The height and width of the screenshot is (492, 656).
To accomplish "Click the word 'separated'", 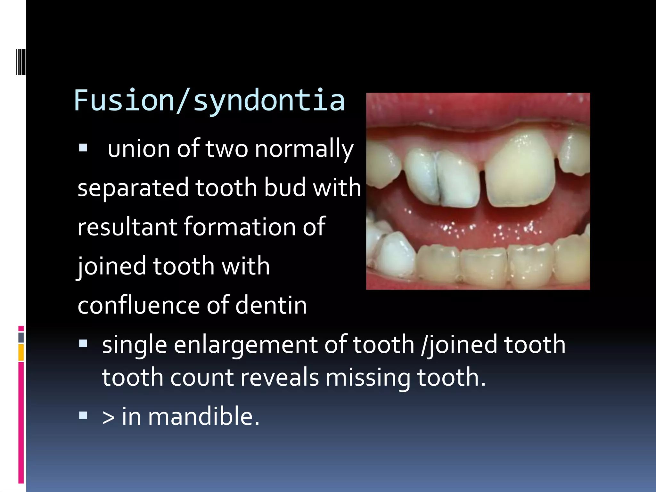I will (133, 188).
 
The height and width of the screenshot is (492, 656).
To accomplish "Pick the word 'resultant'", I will (127, 227).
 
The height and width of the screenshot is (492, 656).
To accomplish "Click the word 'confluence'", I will (139, 305).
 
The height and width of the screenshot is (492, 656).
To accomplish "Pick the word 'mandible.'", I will (203, 416).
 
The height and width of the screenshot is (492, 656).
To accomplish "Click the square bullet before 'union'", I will (83, 148).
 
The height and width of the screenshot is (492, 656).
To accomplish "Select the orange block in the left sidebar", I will (21, 352).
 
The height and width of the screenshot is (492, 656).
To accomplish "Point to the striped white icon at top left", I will (20, 61).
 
